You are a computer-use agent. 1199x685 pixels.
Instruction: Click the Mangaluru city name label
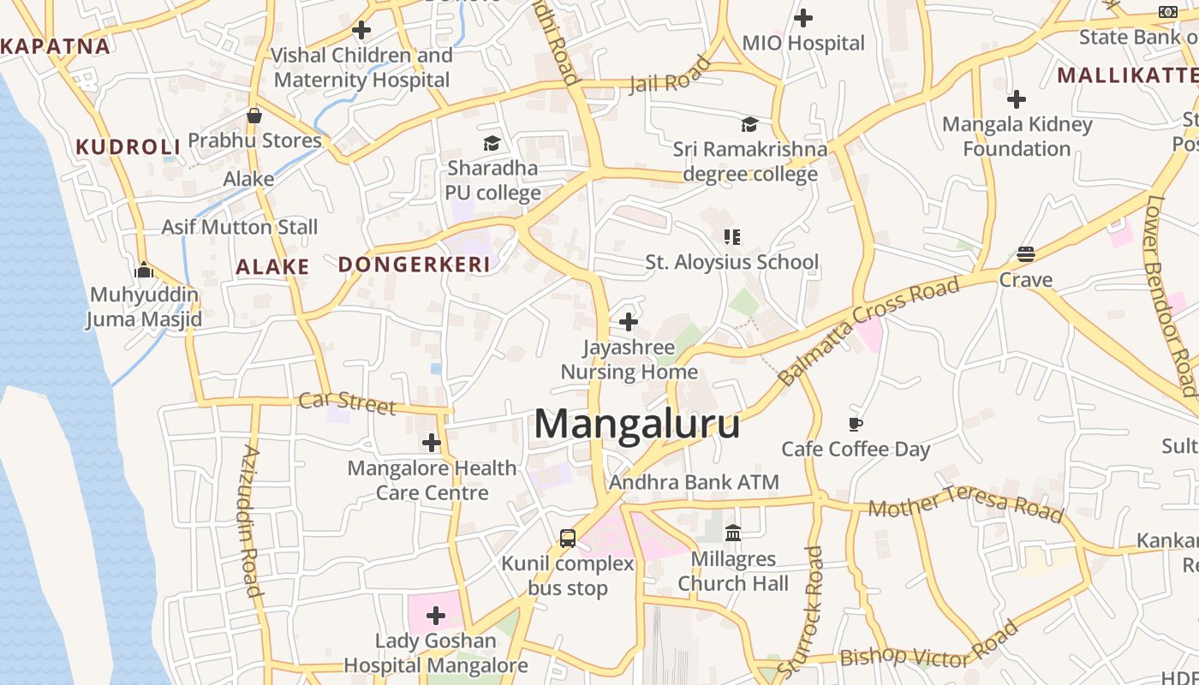(x=637, y=424)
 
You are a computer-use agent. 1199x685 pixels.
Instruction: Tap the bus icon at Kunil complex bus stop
(x=568, y=538)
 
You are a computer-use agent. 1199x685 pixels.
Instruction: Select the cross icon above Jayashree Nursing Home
(x=629, y=322)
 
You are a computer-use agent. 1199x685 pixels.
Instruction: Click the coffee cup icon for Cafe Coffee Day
(x=855, y=423)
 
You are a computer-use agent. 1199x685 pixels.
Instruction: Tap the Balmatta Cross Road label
(x=868, y=331)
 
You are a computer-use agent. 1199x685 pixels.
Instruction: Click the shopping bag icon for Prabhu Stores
(x=254, y=115)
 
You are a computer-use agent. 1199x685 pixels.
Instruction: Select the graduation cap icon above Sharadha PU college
(x=492, y=142)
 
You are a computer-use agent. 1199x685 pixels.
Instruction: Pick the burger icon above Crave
(x=1026, y=253)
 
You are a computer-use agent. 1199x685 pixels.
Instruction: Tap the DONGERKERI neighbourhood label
(x=415, y=265)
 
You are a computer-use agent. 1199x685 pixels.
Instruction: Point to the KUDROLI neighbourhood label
(x=128, y=146)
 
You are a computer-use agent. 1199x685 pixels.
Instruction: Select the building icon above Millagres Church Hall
(x=733, y=533)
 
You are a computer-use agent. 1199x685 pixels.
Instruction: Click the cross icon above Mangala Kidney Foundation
(x=1017, y=99)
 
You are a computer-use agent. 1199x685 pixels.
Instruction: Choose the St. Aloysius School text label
(x=732, y=262)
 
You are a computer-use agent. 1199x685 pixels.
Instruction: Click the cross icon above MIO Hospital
(x=803, y=17)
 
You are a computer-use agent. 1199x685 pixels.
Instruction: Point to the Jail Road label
(x=671, y=74)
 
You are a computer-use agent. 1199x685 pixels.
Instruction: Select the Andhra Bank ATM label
(x=694, y=482)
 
